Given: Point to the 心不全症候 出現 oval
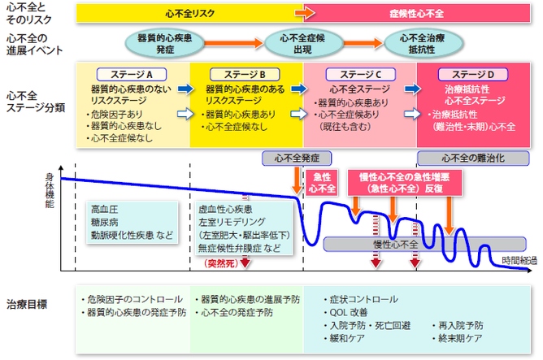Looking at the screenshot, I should point(297,42).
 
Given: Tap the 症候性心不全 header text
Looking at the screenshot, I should point(416,12).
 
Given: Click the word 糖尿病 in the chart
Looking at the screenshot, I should point(104,221).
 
